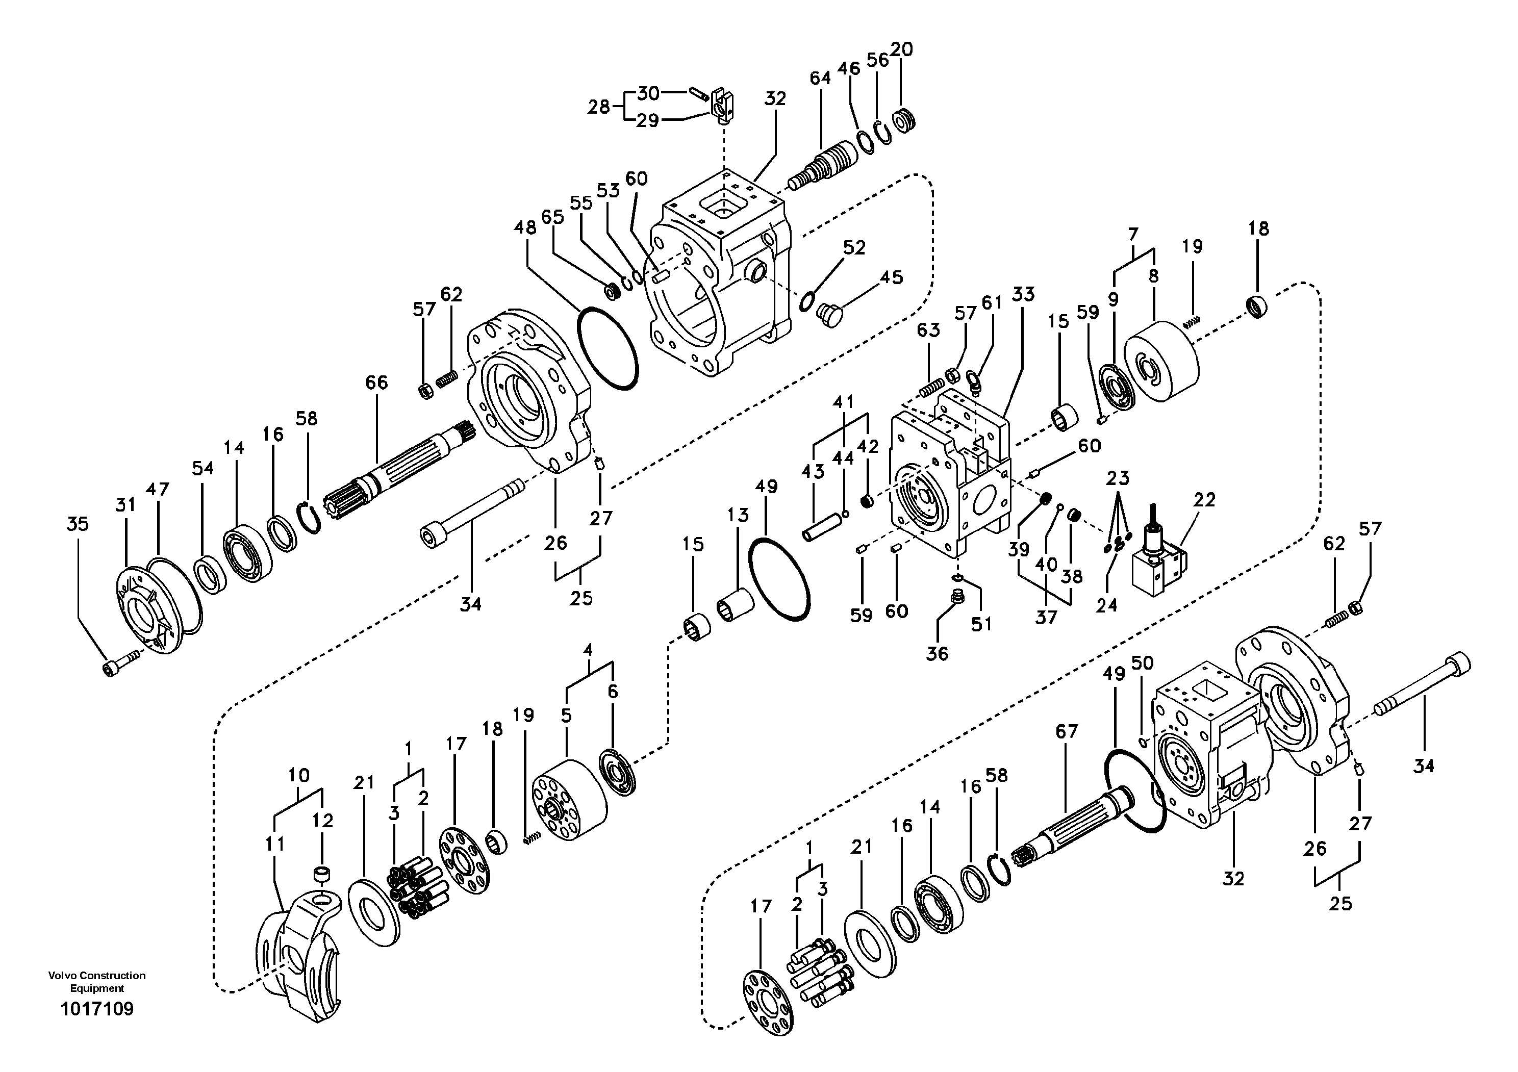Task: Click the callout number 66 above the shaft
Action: (376, 382)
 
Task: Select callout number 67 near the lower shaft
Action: (1067, 732)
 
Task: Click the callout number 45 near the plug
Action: (891, 277)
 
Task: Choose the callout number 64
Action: (821, 78)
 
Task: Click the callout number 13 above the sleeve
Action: (739, 515)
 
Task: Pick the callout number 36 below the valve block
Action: (937, 654)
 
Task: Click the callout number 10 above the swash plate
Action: (299, 775)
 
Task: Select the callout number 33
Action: (1023, 294)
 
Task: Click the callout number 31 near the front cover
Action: (125, 505)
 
